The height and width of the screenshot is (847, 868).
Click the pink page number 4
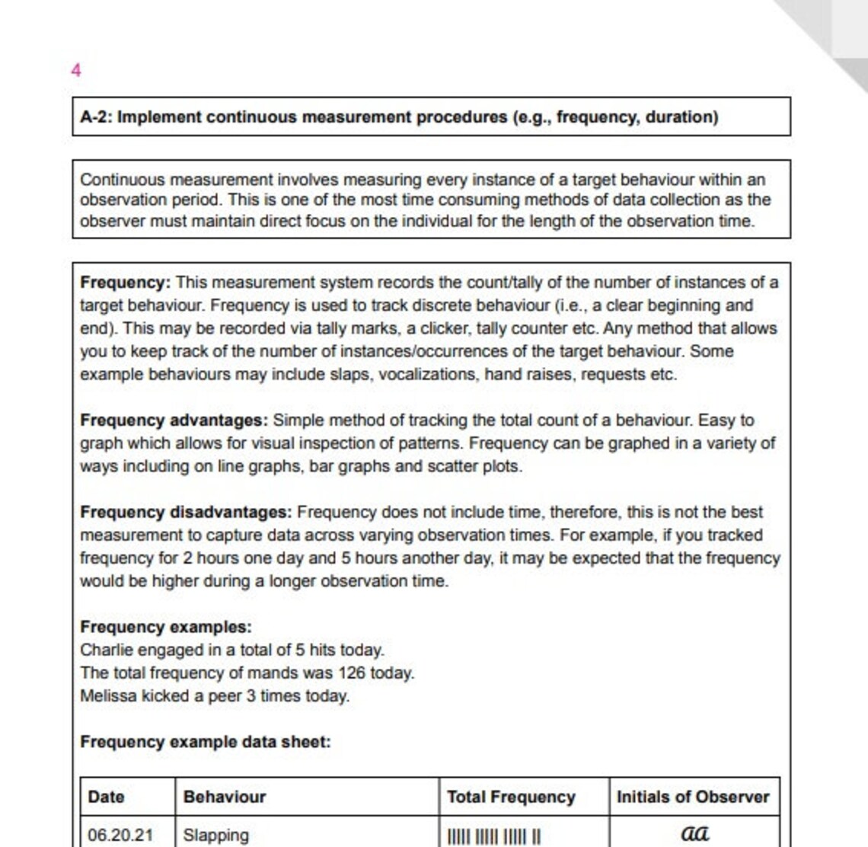click(x=75, y=70)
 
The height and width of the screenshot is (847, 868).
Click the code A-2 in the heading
click(x=95, y=117)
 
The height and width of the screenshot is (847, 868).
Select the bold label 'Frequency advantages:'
click(x=174, y=420)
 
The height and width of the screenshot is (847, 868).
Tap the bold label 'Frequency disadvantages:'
click(x=186, y=512)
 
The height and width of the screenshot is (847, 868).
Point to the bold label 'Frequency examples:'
click(x=165, y=627)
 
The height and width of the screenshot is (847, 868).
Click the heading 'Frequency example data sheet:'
click(x=206, y=742)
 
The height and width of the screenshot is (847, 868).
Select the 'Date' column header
click(x=106, y=797)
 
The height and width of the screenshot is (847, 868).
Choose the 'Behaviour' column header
click(x=225, y=797)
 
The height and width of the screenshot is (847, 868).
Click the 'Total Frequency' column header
click(x=511, y=797)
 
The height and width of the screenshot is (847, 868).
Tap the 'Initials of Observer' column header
click(x=693, y=797)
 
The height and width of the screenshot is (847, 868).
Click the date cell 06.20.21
click(x=120, y=835)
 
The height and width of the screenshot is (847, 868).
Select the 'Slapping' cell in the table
click(x=215, y=835)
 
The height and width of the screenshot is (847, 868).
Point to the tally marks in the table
click(x=494, y=836)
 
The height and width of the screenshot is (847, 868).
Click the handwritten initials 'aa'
click(x=694, y=833)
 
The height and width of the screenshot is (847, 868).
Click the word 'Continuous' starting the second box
click(x=123, y=180)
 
